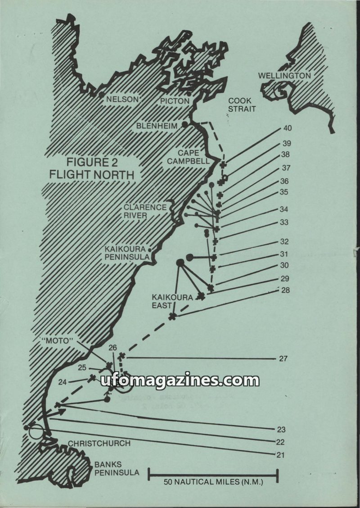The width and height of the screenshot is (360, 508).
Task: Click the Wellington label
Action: [x=284, y=76]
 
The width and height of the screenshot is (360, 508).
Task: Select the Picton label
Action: [x=175, y=101]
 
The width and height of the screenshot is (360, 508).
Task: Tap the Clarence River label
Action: [x=145, y=211]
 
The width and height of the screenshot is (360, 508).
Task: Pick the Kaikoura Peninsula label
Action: [x=127, y=253]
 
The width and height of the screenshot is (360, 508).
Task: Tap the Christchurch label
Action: [x=99, y=443]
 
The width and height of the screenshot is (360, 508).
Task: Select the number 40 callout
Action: [x=288, y=128]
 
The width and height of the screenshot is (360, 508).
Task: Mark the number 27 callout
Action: [x=283, y=359]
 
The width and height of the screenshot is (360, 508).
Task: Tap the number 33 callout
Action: [x=284, y=222]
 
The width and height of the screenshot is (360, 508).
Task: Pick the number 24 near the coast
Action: [x=63, y=382]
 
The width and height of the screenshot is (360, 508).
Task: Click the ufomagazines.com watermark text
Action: [x=180, y=381]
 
